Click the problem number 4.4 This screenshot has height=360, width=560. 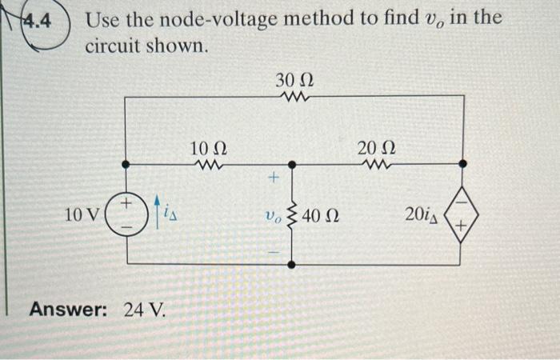click(31, 20)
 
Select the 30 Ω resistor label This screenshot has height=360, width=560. click(294, 79)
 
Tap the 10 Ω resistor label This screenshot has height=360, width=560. click(210, 149)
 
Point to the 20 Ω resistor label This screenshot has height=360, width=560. click(377, 149)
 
